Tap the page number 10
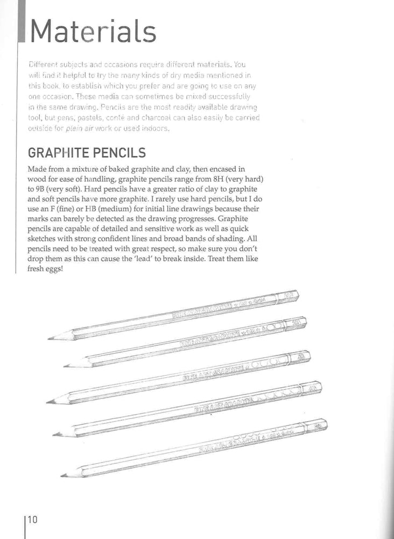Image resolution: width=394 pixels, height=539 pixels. pos(32,520)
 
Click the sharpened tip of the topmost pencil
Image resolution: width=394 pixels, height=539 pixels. pos(50,338)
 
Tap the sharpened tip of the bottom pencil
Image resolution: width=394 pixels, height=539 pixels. pos(62,475)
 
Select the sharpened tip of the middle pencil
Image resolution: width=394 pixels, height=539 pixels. pos(48,402)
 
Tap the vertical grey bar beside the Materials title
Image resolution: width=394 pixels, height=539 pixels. pos(22,24)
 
